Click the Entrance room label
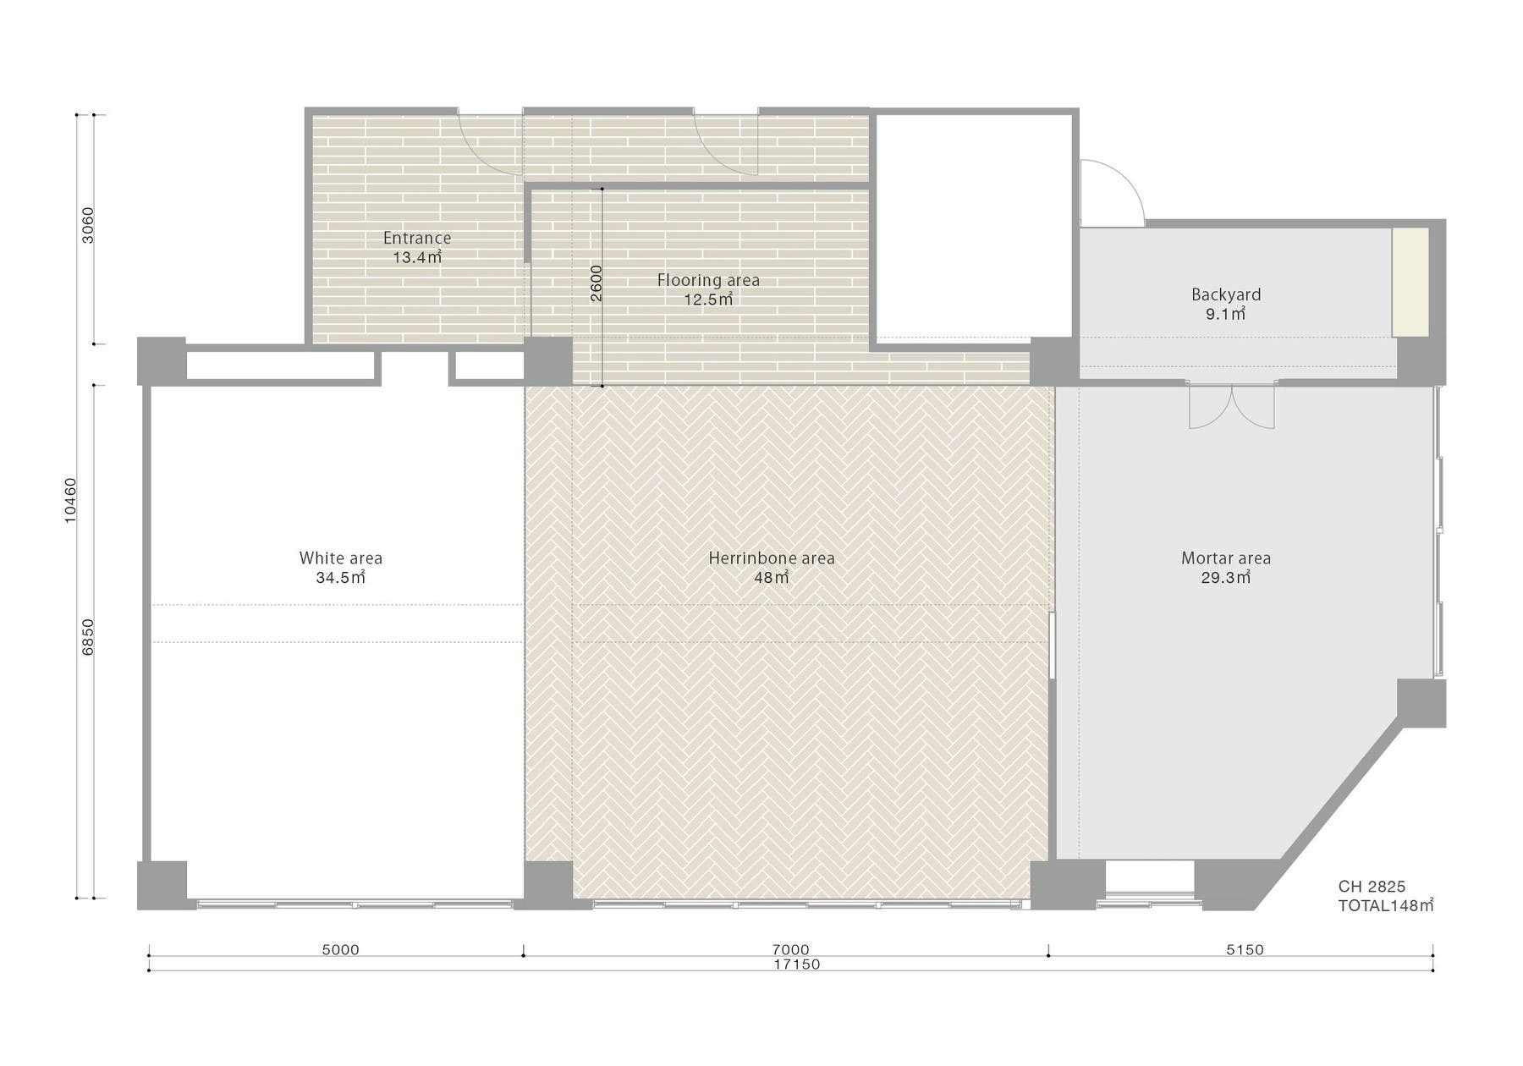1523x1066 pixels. [x=416, y=238]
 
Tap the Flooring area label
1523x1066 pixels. [x=708, y=280]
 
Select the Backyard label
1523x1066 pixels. [x=1226, y=294]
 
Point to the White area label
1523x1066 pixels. [x=340, y=558]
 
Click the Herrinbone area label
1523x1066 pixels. [x=772, y=558]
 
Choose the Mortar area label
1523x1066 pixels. [x=1226, y=558]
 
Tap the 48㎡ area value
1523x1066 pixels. [x=772, y=579]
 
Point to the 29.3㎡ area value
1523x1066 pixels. [x=1226, y=579]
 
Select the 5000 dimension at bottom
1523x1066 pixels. [x=340, y=950]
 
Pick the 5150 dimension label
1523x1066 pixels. [x=1245, y=950]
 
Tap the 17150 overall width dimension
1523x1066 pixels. [x=797, y=964]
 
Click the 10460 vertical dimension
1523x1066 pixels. [x=70, y=501]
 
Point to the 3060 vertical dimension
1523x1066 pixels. [x=88, y=225]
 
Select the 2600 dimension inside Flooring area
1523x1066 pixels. [x=596, y=284]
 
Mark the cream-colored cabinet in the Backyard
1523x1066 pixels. [x=1410, y=281]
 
